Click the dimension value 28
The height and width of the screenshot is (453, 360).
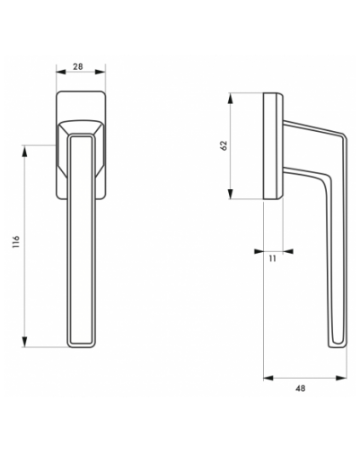point(78,66)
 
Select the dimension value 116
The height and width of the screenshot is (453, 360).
point(16,242)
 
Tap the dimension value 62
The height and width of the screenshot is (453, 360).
point(224,145)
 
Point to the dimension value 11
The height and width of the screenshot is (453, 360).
point(272,258)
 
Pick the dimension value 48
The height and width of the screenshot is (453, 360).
point(300,388)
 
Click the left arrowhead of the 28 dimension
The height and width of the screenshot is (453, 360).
point(61,72)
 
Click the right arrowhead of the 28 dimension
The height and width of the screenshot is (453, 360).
point(101,72)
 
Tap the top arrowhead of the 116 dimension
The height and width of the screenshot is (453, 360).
point(25,151)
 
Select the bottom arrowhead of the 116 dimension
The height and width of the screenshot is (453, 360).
point(25,342)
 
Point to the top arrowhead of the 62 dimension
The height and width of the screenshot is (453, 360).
point(231,98)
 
